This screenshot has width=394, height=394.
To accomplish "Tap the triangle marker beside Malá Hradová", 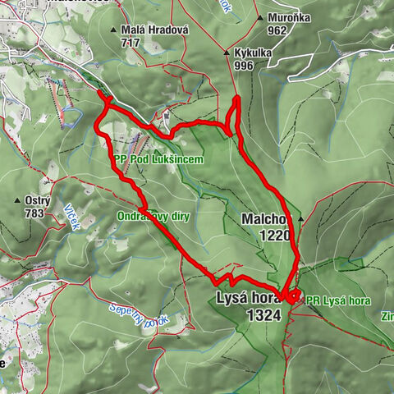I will point(113,30).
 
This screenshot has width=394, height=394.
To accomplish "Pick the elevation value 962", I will point(277,30).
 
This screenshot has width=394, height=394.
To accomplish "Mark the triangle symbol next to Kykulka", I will point(227,52).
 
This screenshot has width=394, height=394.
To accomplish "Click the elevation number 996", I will point(245,65).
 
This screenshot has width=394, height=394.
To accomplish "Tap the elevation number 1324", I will point(262,314).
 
